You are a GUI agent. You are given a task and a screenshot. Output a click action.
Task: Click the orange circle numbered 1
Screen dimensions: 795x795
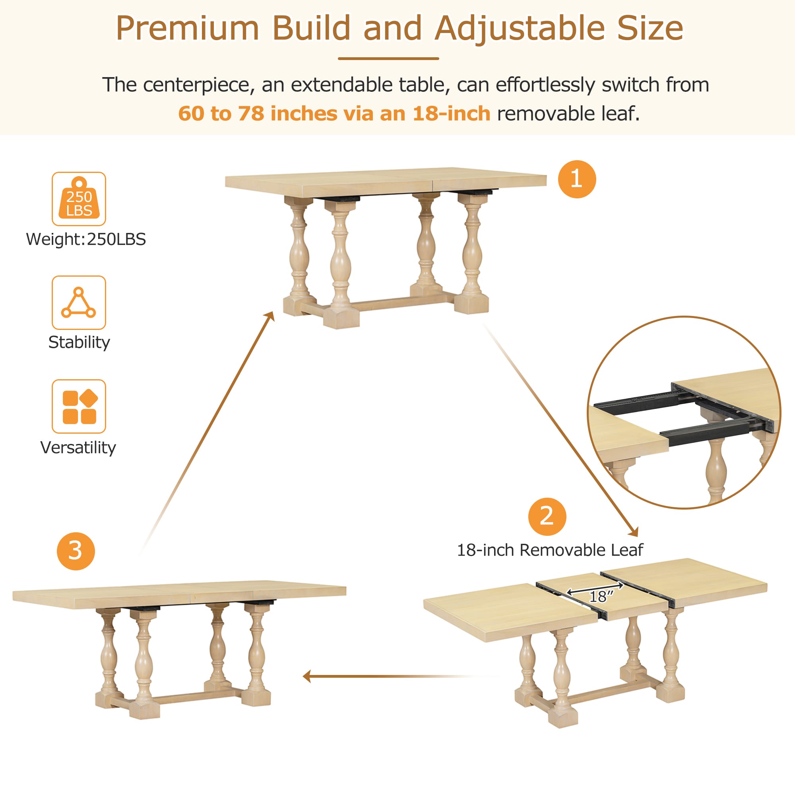[576, 179]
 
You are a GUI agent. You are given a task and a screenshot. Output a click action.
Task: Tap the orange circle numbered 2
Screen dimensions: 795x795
[547, 516]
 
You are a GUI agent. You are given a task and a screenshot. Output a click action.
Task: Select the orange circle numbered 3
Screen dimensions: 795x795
[76, 551]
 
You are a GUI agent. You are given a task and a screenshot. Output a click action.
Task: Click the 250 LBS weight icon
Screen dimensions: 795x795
[79, 199]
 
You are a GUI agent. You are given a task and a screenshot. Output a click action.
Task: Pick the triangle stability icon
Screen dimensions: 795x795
[79, 302]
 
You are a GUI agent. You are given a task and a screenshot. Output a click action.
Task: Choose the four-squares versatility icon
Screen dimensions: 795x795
[79, 406]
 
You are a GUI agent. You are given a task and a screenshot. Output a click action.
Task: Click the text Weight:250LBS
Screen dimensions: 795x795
[86, 239]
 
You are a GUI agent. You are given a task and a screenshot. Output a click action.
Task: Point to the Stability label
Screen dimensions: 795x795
[79, 342]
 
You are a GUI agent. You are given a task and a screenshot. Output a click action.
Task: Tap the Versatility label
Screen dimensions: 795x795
[78, 447]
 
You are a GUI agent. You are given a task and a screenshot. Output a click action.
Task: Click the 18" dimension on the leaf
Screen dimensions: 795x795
[601, 596]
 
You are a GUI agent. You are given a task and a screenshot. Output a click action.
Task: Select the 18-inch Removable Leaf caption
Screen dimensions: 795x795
[550, 550]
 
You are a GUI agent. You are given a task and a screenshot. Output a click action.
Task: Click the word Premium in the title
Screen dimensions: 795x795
[187, 28]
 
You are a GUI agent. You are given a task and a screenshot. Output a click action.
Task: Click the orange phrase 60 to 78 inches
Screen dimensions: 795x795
[258, 114]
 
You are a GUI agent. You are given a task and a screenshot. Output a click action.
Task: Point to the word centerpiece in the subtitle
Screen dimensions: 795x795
[196, 85]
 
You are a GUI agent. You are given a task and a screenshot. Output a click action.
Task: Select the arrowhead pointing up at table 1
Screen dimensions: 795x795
[271, 316]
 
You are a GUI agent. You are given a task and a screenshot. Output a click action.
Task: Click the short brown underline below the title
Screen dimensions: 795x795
[388, 58]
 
